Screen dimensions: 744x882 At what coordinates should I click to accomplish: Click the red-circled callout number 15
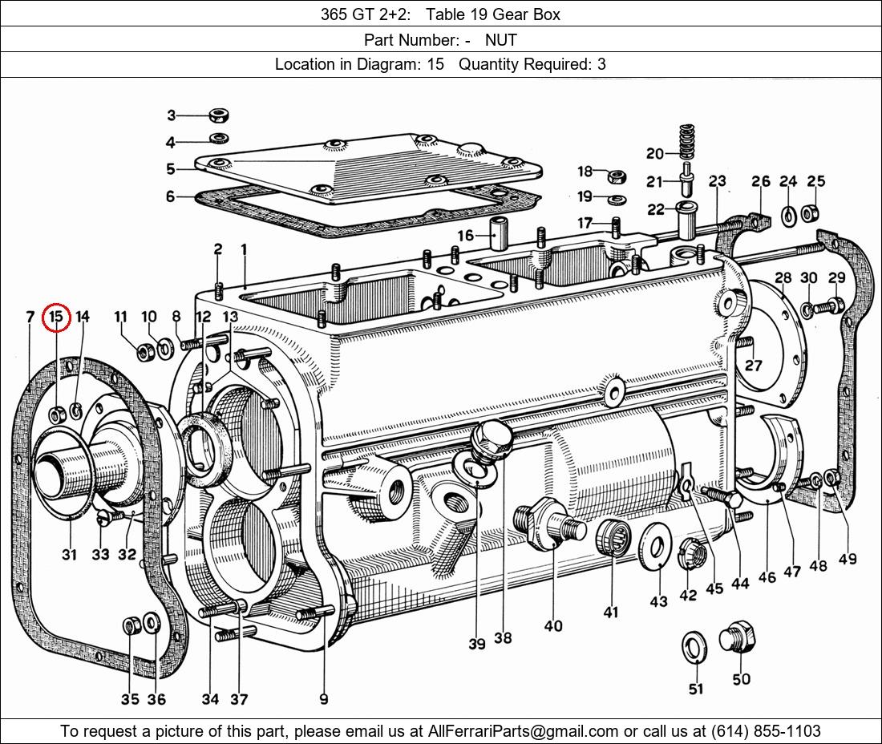click(x=56, y=317)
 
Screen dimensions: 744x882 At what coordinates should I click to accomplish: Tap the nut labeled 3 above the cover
click(x=217, y=115)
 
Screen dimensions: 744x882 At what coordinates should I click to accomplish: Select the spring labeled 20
click(x=686, y=142)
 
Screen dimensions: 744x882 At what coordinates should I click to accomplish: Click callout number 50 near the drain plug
click(x=741, y=679)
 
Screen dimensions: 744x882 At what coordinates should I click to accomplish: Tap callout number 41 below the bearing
click(x=611, y=613)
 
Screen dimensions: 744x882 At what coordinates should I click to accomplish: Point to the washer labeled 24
click(x=788, y=214)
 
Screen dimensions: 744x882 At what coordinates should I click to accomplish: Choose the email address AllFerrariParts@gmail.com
click(x=523, y=731)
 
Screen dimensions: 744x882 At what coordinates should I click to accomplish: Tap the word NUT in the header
click(x=500, y=39)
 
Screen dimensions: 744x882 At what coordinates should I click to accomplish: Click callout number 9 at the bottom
click(x=324, y=699)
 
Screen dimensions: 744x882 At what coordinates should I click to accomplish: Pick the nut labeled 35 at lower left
click(x=130, y=625)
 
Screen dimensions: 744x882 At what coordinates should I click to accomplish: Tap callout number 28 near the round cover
click(x=783, y=278)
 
